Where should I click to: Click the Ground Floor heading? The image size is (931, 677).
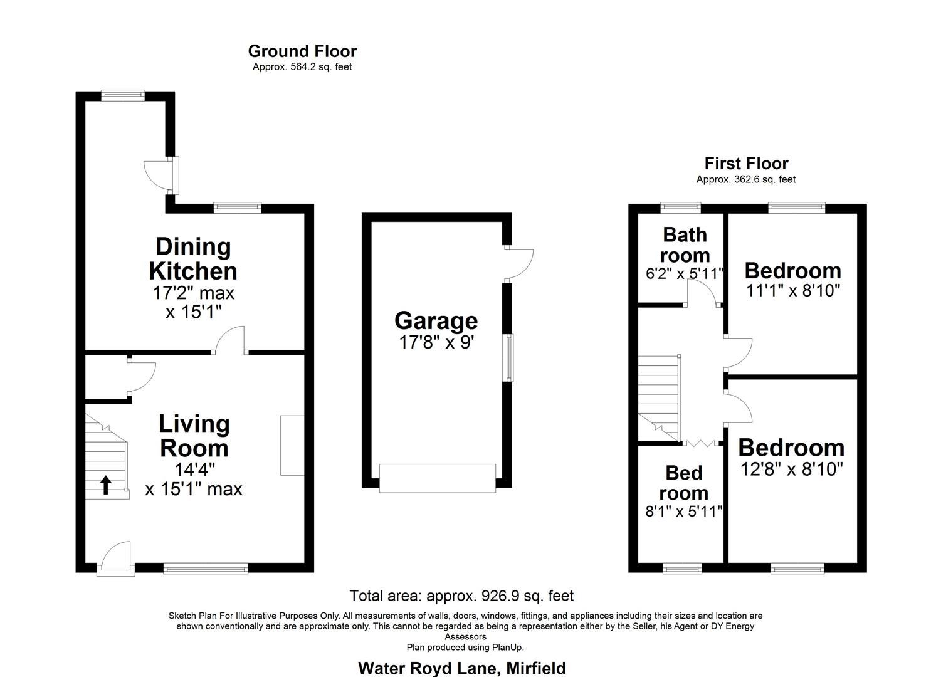point(302,51)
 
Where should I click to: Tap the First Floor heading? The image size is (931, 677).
point(746,164)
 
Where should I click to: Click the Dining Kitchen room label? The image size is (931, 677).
point(193,259)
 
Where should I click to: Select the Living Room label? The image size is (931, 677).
point(194,436)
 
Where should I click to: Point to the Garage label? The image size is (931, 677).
point(436,320)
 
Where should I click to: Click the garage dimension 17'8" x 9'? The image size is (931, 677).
point(436,342)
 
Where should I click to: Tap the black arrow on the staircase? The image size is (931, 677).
point(106,485)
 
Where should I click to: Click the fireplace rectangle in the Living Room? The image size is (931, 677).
point(292,445)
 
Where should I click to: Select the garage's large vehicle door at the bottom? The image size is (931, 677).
point(438,478)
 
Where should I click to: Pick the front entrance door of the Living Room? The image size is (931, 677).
point(116,559)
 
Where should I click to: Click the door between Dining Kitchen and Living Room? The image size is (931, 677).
point(230,341)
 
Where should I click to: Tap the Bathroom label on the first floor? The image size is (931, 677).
point(685,244)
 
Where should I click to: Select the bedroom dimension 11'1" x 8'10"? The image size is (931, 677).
point(792,291)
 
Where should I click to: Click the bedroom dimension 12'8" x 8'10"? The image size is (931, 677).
point(791,469)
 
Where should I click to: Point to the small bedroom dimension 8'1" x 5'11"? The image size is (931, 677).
point(684,511)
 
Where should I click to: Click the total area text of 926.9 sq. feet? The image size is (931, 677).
point(461,596)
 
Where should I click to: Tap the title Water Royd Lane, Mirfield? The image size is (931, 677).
point(461,668)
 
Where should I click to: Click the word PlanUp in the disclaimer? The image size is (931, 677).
point(507,648)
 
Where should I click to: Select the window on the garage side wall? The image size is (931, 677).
point(510,358)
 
